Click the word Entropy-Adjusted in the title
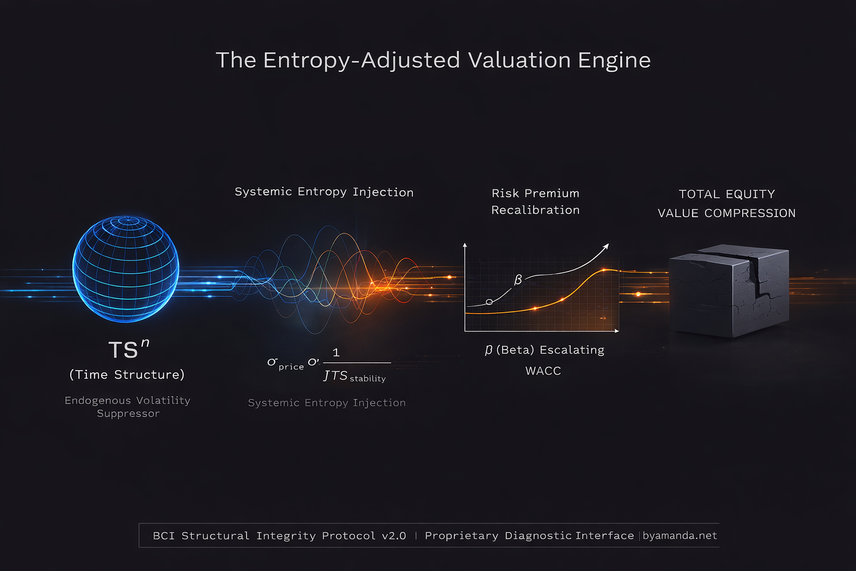point(361,60)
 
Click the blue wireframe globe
point(126,269)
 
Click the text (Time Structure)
point(127,375)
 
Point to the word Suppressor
point(128,414)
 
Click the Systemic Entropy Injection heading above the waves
point(324,192)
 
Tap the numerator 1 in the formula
point(336,352)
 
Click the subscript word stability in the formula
point(367,379)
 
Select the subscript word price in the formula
point(291,367)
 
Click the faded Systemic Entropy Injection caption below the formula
point(327,403)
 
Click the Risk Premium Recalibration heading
point(535,201)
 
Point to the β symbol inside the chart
point(518,279)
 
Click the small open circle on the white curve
point(489,302)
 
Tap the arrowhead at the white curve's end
point(606,246)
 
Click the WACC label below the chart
point(543,371)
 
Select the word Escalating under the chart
point(572,350)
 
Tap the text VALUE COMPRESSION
point(726,213)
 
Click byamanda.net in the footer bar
point(679,536)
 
